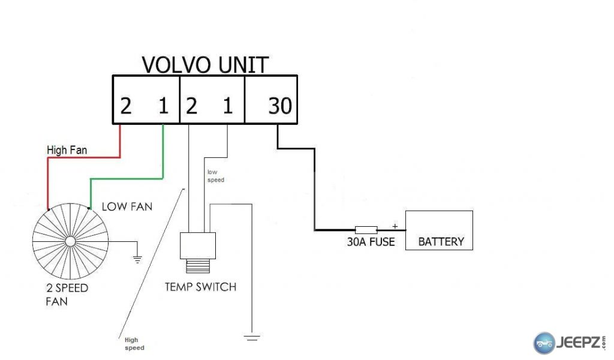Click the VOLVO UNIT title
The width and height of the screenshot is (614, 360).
tap(204, 64)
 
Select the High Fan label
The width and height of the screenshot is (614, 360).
tap(67, 150)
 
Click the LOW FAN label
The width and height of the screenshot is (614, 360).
tap(127, 206)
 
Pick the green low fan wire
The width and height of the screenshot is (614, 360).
tap(126, 178)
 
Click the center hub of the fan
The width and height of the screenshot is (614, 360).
tap(70, 241)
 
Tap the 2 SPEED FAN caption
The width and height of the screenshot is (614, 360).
tap(67, 294)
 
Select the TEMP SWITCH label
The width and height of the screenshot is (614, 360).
tap(200, 287)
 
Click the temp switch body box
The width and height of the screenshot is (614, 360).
tap(198, 245)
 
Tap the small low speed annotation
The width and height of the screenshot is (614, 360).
tap(215, 176)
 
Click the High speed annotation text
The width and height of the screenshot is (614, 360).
tap(134, 344)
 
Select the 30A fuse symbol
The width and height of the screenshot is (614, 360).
tap(366, 229)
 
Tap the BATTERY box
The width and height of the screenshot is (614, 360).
tap(439, 230)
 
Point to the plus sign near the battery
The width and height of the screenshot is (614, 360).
tap(395, 225)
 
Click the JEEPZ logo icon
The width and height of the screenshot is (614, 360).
tap(544, 343)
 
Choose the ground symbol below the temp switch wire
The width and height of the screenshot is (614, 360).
tap(252, 338)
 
